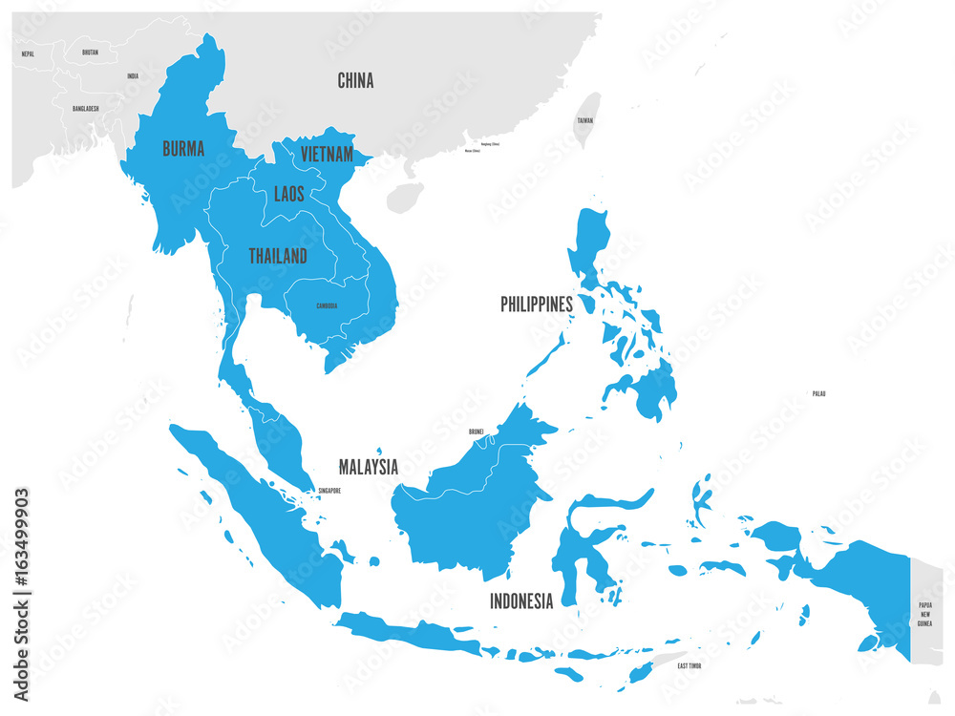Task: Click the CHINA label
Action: (355, 81)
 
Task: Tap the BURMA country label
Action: (182, 149)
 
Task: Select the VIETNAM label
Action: (327, 154)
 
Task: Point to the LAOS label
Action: (288, 194)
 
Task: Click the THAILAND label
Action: (278, 256)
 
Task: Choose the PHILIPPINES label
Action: (537, 304)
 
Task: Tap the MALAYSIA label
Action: (369, 467)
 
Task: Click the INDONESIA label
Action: (521, 601)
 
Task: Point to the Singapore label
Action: (328, 492)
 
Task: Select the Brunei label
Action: (476, 432)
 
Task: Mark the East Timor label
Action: (695, 664)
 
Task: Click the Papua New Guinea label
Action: (924, 614)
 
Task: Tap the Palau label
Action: (818, 393)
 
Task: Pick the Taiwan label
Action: (584, 121)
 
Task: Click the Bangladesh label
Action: (85, 109)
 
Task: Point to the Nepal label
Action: (28, 54)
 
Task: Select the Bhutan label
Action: (90, 52)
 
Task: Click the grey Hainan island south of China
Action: (405, 198)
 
